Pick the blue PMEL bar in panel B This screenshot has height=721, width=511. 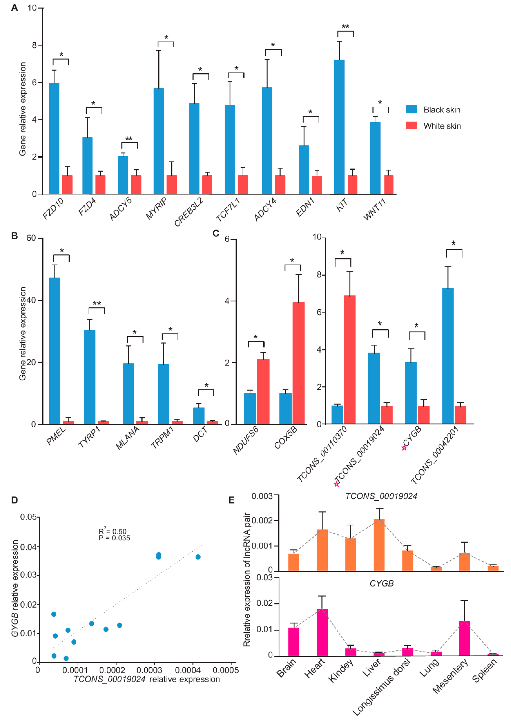[x=55, y=351]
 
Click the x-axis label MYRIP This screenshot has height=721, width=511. [x=156, y=208]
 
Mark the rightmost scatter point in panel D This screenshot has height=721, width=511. [x=198, y=557]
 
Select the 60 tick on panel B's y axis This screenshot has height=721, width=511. [x=31, y=238]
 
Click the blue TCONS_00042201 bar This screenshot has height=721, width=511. [x=448, y=356]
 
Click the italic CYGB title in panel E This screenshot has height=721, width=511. [x=381, y=584]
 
